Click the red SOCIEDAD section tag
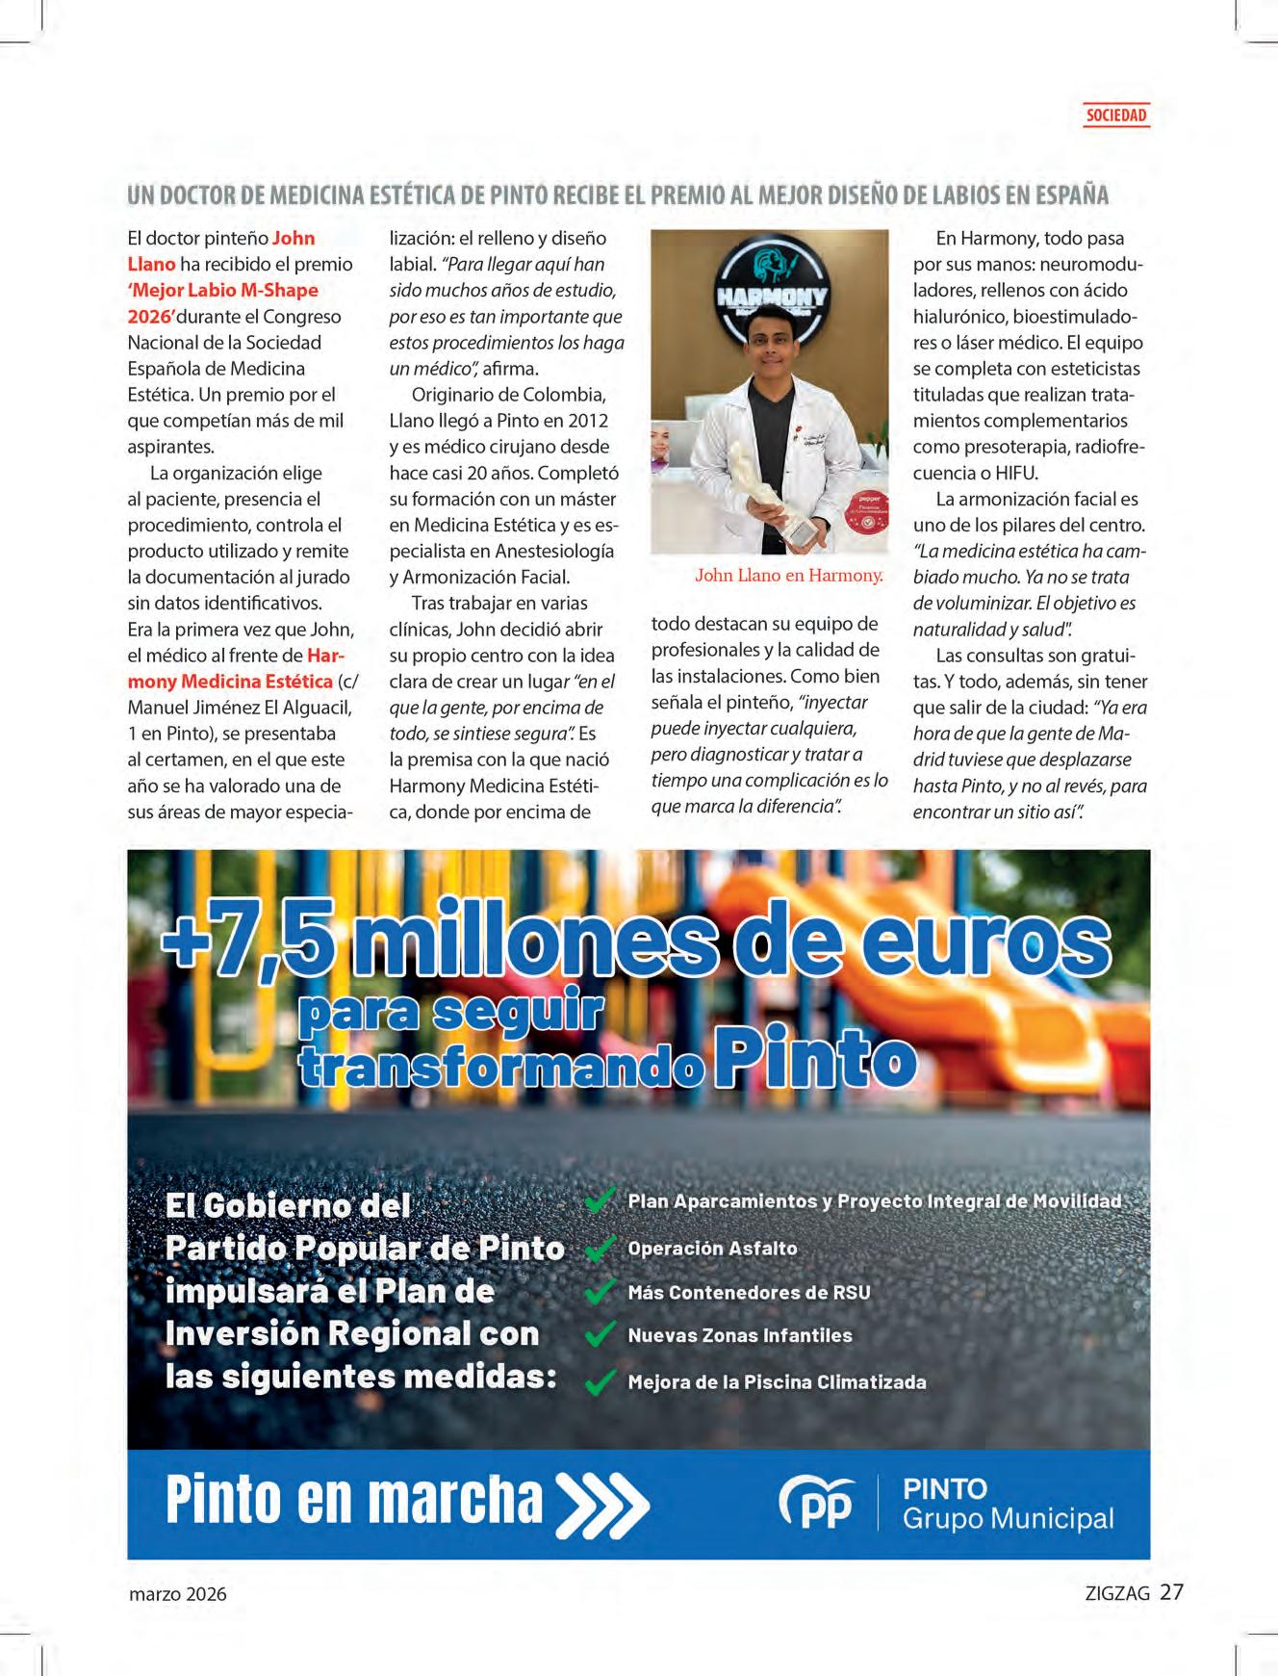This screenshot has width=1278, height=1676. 1115,116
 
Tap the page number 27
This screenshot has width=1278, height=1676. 1171,1591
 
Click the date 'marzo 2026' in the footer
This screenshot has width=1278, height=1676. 178,1593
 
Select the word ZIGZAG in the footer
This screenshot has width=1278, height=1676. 1116,1593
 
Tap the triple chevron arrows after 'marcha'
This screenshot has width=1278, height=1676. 603,1503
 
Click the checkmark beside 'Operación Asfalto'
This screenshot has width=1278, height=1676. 600,1248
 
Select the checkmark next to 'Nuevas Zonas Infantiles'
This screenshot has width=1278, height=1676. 600,1334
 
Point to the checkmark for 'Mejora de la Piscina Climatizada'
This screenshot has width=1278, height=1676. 600,1381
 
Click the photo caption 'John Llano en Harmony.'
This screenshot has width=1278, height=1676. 788,576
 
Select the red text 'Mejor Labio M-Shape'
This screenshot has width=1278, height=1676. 224,290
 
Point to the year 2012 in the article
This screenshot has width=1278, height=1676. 588,421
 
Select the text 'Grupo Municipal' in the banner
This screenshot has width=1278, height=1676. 1008,1519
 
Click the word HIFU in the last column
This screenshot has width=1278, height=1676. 1016,473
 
